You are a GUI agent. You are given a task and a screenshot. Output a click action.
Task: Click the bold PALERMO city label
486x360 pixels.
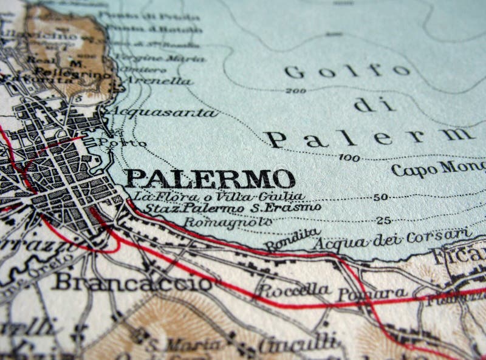click(x=210, y=179)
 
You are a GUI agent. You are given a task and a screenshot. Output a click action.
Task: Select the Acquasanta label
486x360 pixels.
click(x=163, y=112)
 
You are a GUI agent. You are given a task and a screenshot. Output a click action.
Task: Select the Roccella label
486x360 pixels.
click(x=293, y=290)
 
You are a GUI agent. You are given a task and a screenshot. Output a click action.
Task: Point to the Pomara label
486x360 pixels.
click(x=372, y=294)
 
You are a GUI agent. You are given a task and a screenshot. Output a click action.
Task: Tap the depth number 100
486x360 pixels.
click(x=349, y=158)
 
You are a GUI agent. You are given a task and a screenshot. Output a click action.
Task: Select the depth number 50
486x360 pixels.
click(x=381, y=197)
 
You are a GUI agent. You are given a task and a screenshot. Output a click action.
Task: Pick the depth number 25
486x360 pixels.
click(x=383, y=220)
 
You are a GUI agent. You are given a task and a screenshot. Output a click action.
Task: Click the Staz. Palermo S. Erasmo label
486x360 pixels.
click(x=227, y=208)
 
